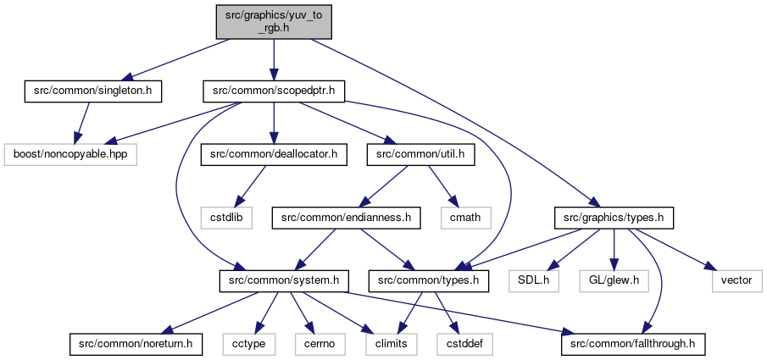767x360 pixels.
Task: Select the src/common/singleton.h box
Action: (93, 92)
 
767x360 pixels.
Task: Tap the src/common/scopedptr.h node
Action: (274, 92)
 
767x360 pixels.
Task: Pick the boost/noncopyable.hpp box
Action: (70, 155)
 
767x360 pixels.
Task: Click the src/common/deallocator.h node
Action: (274, 155)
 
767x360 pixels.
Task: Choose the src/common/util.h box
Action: (420, 155)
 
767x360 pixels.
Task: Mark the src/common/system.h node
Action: (284, 281)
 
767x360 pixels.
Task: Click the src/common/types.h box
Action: (429, 281)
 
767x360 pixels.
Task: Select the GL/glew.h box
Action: (614, 281)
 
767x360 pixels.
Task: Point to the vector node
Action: (737, 281)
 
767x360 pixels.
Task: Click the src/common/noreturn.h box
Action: (136, 345)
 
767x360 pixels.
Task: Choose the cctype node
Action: (248, 345)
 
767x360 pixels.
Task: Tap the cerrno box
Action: (320, 345)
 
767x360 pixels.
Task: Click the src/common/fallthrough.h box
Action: (633, 345)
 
